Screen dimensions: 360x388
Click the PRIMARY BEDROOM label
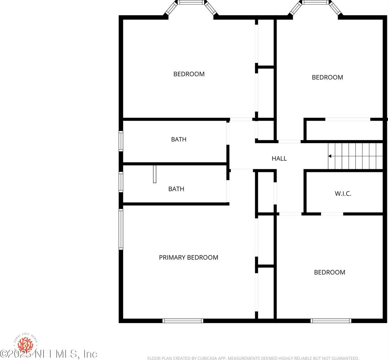[x=188, y=257]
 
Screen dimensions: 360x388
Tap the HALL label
[x=279, y=158]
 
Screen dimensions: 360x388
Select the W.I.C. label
[x=343, y=193]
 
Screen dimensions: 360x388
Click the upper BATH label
[x=179, y=139]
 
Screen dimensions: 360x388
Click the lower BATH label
[x=176, y=189]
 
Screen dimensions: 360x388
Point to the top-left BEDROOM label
[x=189, y=74]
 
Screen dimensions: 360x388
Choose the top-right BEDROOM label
[x=327, y=77]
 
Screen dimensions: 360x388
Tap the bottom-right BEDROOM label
[x=329, y=272]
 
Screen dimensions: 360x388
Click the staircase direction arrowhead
[x=329, y=156]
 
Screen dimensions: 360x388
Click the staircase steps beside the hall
[x=356, y=156]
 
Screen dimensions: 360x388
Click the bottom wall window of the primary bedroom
[x=183, y=321]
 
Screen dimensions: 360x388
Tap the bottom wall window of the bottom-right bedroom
[x=331, y=321]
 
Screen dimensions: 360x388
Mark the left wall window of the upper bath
[x=121, y=141]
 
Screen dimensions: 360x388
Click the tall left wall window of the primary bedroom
[x=121, y=229]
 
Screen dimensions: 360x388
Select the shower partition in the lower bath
[x=155, y=174]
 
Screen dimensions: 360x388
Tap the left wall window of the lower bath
[x=121, y=182]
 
